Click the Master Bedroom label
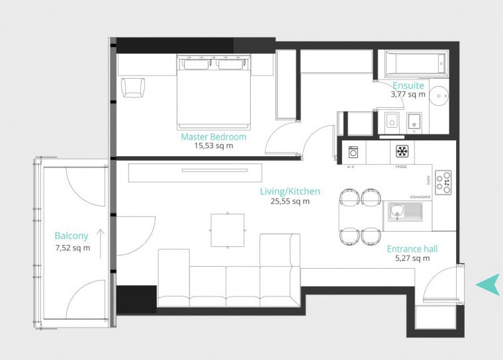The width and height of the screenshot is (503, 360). (213, 137)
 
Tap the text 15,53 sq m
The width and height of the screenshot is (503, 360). (213, 146)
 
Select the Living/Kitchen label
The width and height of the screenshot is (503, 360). (290, 191)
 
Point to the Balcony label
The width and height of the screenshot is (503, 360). (71, 236)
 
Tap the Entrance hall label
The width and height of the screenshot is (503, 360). (412, 249)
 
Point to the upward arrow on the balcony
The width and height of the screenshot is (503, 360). (100, 242)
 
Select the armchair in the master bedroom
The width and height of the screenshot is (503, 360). (132, 87)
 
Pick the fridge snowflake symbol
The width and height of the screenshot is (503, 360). (401, 151)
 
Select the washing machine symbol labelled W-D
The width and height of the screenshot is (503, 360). (353, 152)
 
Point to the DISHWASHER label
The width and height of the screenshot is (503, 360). (420, 197)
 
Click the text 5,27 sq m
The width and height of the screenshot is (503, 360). (412, 259)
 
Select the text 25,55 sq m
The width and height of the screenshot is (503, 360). (290, 201)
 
